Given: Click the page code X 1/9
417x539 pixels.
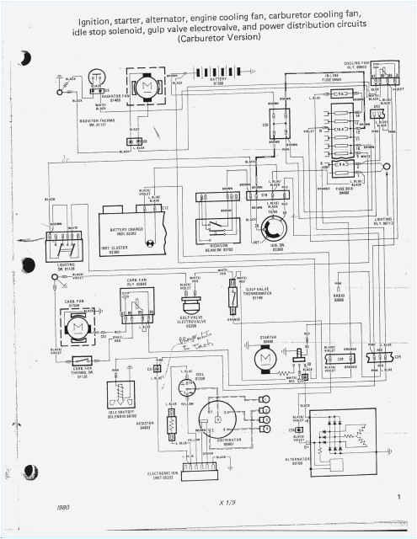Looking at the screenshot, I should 225,503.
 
